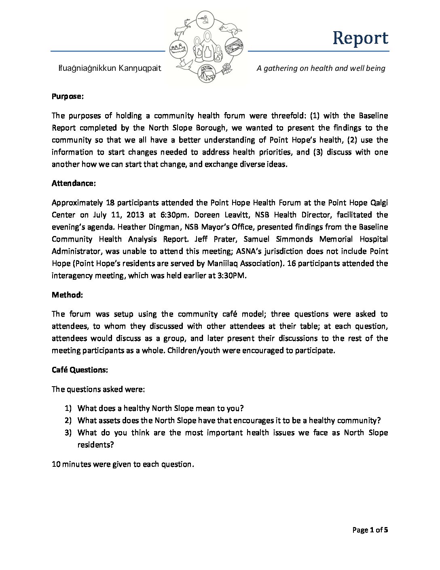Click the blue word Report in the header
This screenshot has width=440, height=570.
click(360, 38)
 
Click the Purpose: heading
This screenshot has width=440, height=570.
click(68, 96)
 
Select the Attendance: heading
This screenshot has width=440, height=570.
click(74, 183)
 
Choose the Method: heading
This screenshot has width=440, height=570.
click(67, 295)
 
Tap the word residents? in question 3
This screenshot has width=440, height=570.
click(95, 445)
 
